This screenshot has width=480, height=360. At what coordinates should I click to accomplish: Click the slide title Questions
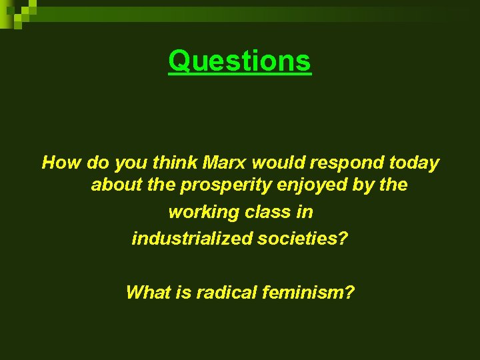[x=239, y=61]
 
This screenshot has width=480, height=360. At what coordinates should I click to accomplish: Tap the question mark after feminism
[x=350, y=292]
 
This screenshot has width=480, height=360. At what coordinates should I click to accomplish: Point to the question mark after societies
[x=343, y=238]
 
